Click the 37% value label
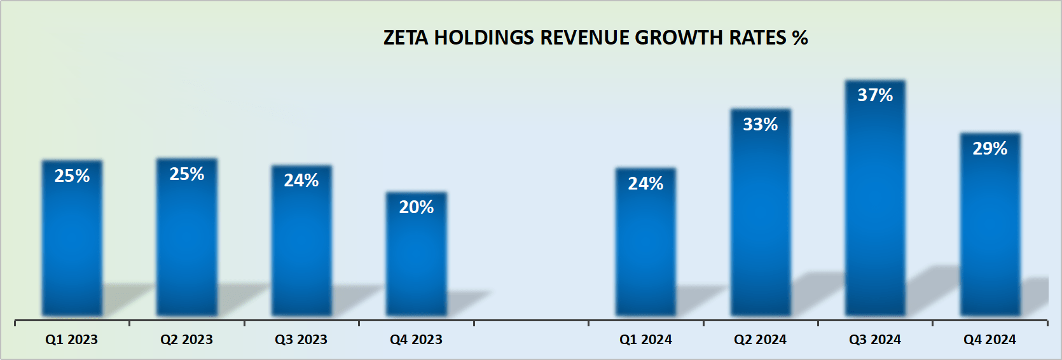[875, 95]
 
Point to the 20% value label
[417, 207]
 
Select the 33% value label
[761, 125]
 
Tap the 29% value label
[990, 149]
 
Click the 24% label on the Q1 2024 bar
[645, 184]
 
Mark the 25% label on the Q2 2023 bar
[187, 174]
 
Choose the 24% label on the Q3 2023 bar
[301, 181]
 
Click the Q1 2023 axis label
[72, 340]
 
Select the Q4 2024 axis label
[990, 340]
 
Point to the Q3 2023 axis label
[301, 340]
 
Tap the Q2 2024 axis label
[761, 340]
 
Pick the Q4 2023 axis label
[416, 340]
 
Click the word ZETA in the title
[406, 38]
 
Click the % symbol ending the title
[800, 38]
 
